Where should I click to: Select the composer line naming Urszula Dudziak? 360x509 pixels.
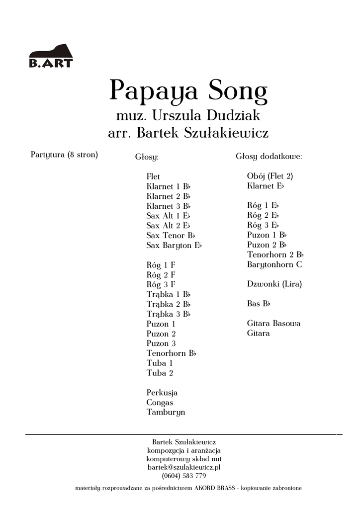(188, 117)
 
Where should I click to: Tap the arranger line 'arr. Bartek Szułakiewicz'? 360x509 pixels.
(188, 133)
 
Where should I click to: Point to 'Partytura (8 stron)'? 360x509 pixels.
(65, 155)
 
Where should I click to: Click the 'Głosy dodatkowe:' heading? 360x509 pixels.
(269, 157)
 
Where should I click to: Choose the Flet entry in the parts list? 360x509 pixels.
(153, 176)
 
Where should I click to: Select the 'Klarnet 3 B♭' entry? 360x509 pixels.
(169, 206)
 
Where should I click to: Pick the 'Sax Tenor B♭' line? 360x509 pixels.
(171, 236)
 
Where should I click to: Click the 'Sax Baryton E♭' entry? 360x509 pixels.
(174, 246)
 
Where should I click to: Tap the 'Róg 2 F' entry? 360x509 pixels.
(161, 275)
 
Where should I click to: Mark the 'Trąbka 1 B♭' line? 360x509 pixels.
(169, 294)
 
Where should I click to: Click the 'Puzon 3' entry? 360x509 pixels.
(161, 343)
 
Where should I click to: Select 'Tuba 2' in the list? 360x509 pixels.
(160, 373)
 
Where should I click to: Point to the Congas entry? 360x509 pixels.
(160, 403)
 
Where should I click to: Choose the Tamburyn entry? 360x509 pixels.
(166, 413)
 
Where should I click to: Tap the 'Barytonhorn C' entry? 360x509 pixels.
(274, 264)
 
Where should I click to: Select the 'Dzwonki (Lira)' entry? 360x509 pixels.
(274, 284)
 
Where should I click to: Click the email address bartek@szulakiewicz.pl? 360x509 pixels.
(183, 468)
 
